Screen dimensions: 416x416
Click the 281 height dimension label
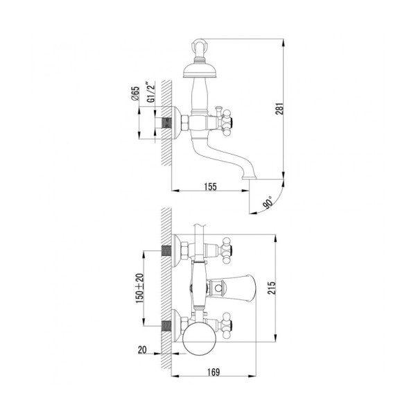(x=279, y=108)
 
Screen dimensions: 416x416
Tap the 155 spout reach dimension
(x=210, y=187)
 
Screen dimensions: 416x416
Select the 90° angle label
(x=268, y=202)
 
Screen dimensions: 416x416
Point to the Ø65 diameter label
(x=135, y=94)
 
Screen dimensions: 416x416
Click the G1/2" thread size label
(x=151, y=92)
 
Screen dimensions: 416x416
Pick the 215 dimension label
(x=272, y=288)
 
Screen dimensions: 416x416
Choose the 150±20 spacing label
(x=140, y=288)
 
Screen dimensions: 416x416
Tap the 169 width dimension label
(x=214, y=372)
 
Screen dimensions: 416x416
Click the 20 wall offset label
(x=142, y=349)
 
